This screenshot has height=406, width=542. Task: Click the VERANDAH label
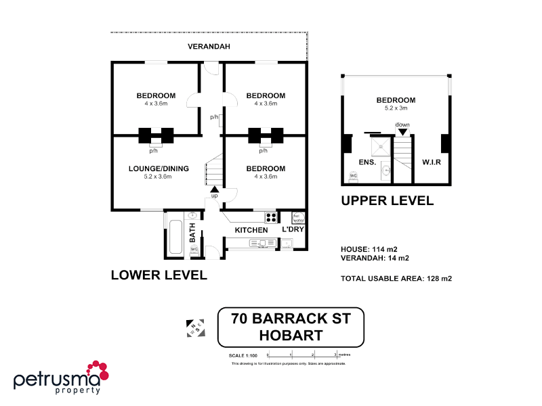(x=209, y=47)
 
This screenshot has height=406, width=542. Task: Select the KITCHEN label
(x=251, y=231)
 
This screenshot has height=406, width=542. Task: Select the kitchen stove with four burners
(x=271, y=218)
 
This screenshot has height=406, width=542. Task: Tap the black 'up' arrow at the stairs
(x=215, y=189)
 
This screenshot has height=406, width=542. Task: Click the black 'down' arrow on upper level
(x=403, y=132)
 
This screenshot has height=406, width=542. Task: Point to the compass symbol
(x=195, y=328)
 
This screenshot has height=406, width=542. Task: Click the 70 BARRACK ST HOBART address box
(x=291, y=327)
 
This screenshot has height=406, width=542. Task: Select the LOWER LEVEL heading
(x=159, y=275)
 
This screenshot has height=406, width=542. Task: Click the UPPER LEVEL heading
(x=387, y=200)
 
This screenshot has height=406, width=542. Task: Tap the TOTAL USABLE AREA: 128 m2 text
(x=396, y=278)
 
